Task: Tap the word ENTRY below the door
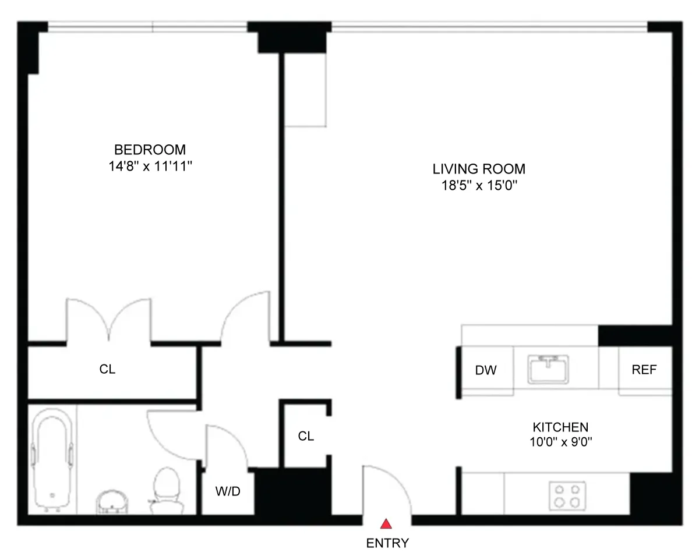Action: [x=387, y=544]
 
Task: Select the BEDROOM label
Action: [x=150, y=149]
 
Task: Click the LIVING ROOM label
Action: [x=479, y=169]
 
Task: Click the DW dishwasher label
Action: [x=486, y=370]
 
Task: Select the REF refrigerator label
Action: [x=644, y=370]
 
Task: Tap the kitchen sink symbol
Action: [x=549, y=369]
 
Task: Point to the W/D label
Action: [x=228, y=491]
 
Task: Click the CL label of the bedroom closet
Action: [x=107, y=370]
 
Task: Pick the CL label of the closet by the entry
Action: [x=306, y=436]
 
